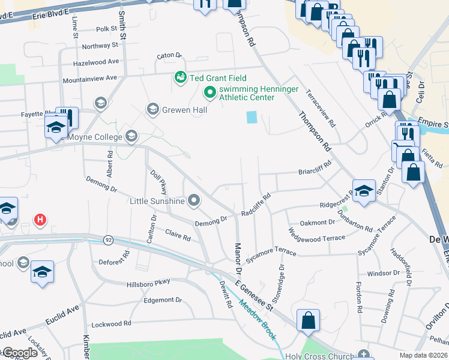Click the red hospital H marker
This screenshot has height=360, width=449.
pyautogui.click(x=40, y=220)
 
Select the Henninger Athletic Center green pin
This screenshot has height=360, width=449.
pyautogui.click(x=209, y=92)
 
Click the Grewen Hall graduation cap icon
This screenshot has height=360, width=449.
pyautogui.click(x=152, y=109)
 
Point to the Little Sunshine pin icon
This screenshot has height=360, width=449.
pyautogui.click(x=194, y=200)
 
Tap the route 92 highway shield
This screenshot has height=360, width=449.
pyautogui.click(x=108, y=239)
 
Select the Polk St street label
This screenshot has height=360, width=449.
pyautogui.click(x=106, y=29)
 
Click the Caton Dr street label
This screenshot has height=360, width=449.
pyautogui.click(x=169, y=56)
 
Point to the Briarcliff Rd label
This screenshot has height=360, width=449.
pyautogui.click(x=315, y=169)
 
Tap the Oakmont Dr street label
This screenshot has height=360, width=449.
pyautogui.click(x=318, y=223)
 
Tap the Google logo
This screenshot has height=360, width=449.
pyautogui.click(x=20, y=353)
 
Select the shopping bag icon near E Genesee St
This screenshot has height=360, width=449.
pyautogui.click(x=308, y=321)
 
